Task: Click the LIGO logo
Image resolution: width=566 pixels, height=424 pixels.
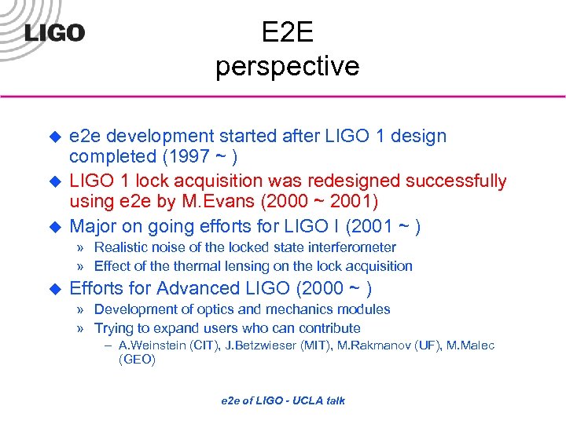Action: pyautogui.click(x=53, y=32)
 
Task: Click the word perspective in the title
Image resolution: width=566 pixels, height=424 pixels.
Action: pyautogui.click(x=287, y=66)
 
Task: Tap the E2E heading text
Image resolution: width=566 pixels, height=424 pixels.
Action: pyautogui.click(x=287, y=31)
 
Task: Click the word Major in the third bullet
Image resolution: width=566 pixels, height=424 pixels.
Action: pyautogui.click(x=94, y=227)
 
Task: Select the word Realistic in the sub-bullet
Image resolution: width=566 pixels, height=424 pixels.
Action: pyautogui.click(x=123, y=248)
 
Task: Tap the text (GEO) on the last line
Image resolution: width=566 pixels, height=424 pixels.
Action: pyautogui.click(x=137, y=360)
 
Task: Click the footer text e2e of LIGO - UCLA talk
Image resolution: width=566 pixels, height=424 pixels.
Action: pyautogui.click(x=283, y=400)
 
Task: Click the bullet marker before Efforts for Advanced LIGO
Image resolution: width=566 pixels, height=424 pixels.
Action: pyautogui.click(x=56, y=288)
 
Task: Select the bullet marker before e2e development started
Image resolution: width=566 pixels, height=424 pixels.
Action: pyautogui.click(x=56, y=137)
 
